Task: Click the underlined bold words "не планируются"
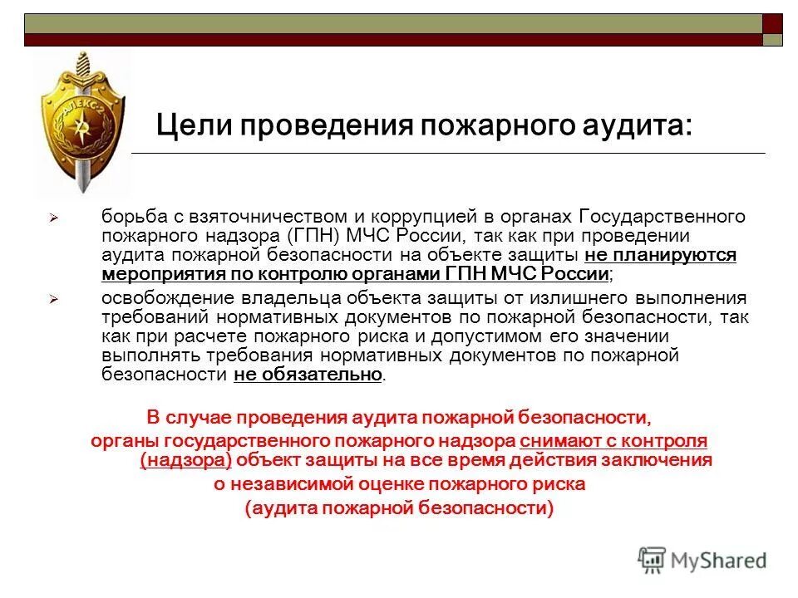(x=660, y=255)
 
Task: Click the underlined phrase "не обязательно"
(x=309, y=375)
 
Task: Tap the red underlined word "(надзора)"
(x=186, y=460)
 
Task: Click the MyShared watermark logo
(x=702, y=560)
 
